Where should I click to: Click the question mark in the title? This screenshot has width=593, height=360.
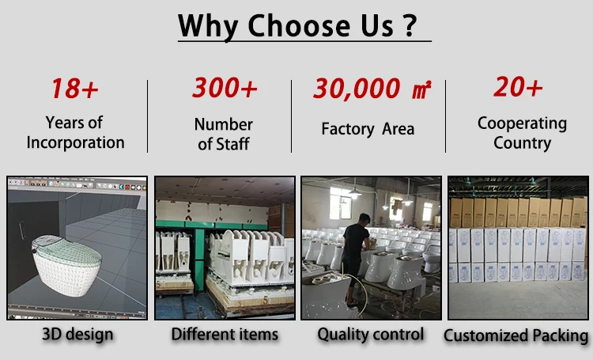click(x=409, y=25)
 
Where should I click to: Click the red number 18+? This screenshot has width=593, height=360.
click(x=74, y=89)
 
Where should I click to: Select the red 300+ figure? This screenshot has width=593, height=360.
click(x=225, y=88)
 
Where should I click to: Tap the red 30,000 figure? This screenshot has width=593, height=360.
click(x=357, y=89)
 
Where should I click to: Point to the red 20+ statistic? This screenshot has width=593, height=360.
click(x=518, y=87)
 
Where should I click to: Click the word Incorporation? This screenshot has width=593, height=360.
click(x=76, y=142)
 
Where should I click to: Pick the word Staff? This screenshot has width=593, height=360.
click(x=233, y=144)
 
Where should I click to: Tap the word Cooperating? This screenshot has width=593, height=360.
click(x=522, y=123)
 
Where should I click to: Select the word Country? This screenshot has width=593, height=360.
click(x=523, y=143)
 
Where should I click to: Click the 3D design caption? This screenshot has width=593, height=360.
click(x=77, y=334)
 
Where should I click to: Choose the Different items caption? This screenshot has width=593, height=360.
click(x=225, y=334)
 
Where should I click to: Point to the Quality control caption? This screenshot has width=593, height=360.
click(x=371, y=334)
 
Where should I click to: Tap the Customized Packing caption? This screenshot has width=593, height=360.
click(x=516, y=335)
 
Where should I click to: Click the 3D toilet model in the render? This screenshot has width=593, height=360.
click(x=66, y=265)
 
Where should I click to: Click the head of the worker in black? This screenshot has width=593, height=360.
click(x=364, y=219)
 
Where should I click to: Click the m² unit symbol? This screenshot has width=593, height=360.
click(x=421, y=89)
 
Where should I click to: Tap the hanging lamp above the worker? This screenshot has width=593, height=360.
click(x=354, y=194)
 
